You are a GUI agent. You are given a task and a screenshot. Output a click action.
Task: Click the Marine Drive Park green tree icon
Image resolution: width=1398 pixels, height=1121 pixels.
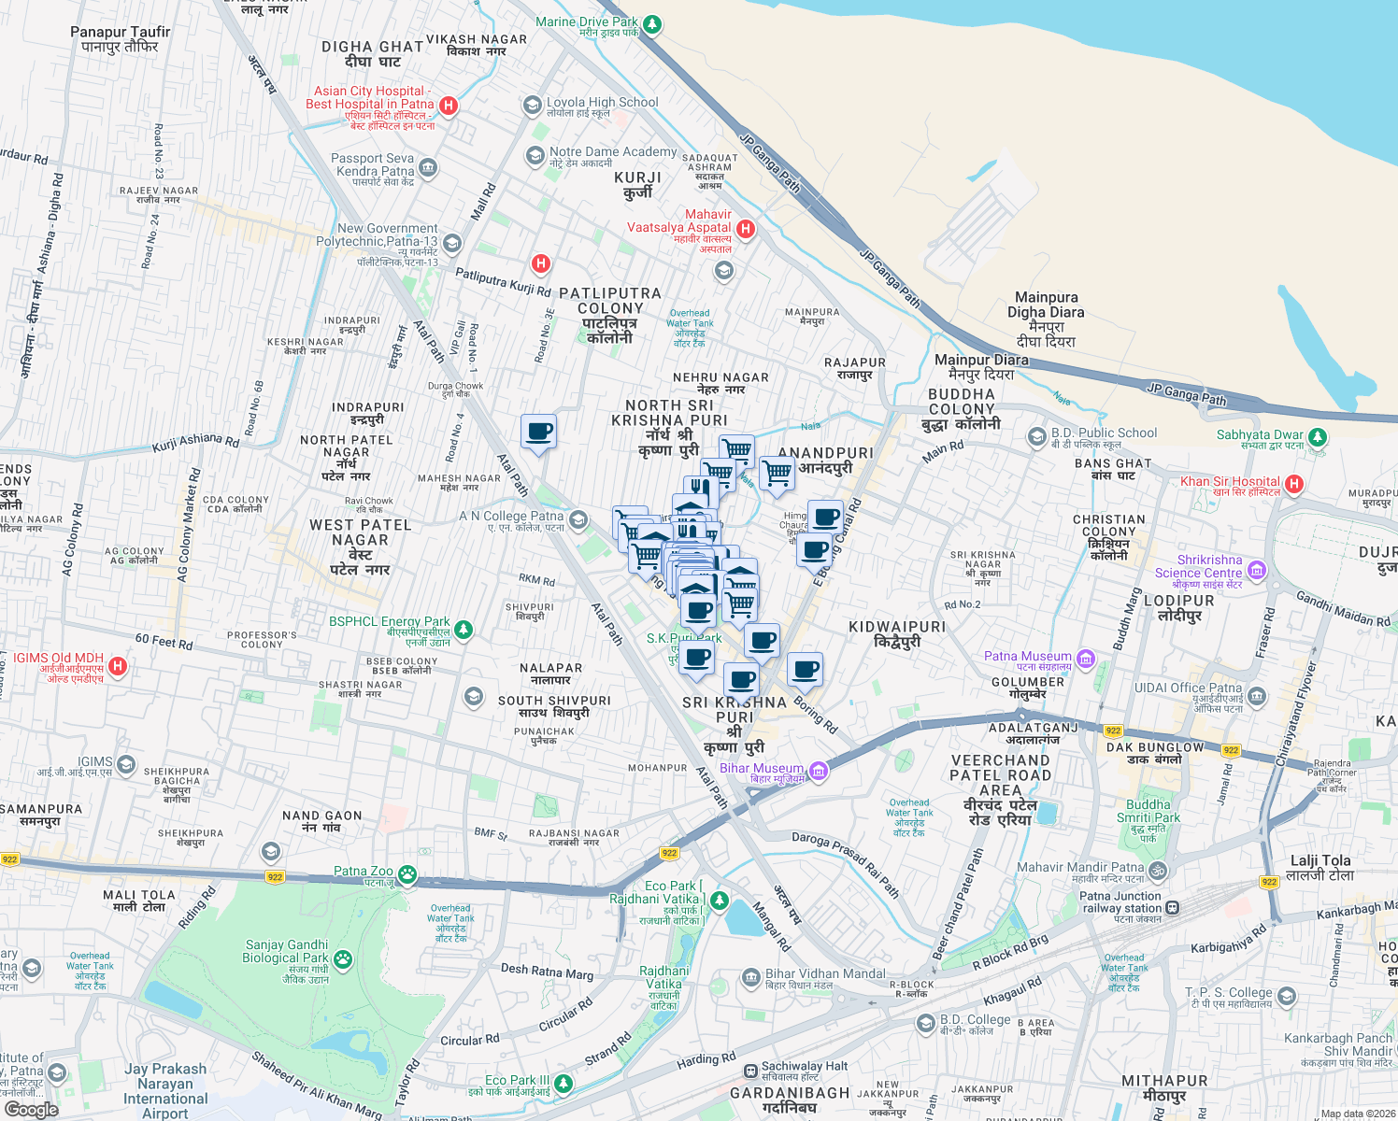(x=652, y=24)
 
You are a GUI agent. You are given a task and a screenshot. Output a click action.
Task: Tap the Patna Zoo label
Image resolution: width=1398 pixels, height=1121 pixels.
(x=364, y=871)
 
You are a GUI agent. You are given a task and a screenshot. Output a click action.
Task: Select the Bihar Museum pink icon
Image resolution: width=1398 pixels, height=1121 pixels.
(x=819, y=771)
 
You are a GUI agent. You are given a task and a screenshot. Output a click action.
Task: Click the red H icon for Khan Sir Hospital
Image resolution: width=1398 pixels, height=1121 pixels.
(x=1294, y=484)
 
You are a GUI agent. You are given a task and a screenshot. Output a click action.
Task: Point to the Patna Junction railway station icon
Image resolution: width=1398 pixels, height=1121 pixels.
(x=1172, y=907)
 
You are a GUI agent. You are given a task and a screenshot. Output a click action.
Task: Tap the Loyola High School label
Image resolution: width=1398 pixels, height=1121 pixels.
(x=602, y=103)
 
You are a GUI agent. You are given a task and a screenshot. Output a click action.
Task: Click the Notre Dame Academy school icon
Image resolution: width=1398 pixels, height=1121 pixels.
(x=535, y=155)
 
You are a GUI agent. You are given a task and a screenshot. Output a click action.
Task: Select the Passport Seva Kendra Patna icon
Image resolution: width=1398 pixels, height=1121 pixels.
(x=428, y=168)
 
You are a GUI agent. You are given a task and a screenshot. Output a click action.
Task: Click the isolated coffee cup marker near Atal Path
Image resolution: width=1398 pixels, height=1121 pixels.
(x=538, y=432)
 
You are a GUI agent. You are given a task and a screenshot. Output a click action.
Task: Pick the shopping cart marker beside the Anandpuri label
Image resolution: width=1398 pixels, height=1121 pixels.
(x=777, y=473)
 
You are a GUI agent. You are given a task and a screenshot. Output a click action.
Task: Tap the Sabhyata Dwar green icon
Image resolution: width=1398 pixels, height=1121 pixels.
(x=1317, y=436)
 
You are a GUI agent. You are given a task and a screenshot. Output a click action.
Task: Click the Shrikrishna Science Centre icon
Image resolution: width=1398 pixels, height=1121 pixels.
(x=1257, y=570)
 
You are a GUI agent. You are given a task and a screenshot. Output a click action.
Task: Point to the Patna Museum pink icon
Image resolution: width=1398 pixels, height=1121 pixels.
(x=1085, y=660)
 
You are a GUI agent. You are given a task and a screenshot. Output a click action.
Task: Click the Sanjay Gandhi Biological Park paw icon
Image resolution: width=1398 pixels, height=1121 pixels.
(x=343, y=958)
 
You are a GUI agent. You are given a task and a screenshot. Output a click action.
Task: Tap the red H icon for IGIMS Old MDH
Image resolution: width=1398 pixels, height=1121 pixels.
(x=118, y=666)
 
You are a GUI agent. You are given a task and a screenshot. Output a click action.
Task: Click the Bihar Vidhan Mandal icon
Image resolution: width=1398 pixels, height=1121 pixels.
(x=750, y=977)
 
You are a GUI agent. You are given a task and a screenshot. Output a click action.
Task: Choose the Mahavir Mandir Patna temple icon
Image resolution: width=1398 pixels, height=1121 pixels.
(x=1157, y=871)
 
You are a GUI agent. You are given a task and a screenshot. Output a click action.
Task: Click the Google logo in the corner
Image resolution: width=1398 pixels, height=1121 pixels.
(x=31, y=1109)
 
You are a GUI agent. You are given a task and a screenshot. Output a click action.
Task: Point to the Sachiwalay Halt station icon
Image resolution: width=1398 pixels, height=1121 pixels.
(x=749, y=1071)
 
